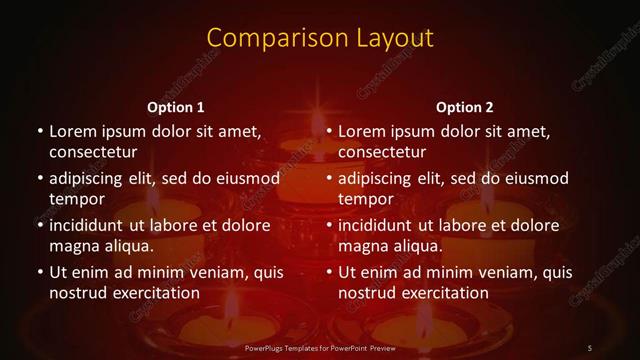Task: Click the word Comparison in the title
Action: tap(266, 39)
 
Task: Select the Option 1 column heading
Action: tap(175, 107)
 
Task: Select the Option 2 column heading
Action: tap(465, 107)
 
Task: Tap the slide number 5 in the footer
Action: tap(590, 347)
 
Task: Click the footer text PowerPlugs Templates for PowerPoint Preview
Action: tap(320, 347)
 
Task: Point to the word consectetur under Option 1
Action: tap(93, 152)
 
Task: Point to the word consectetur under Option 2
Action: tap(383, 152)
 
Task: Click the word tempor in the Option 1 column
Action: tap(77, 199)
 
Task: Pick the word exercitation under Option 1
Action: tap(155, 293)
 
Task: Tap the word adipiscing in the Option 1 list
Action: tap(90, 179)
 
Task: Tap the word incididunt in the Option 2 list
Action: tap(380, 225)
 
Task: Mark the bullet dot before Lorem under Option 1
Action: tap(39, 132)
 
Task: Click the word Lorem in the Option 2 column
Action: tap(362, 131)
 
